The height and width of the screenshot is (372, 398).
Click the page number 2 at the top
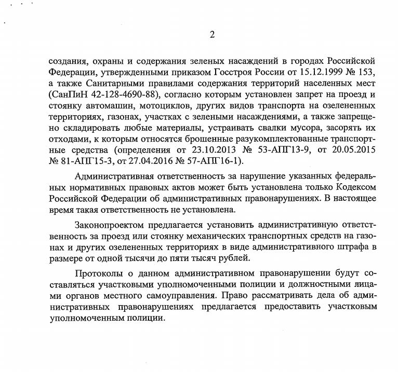(211, 35)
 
